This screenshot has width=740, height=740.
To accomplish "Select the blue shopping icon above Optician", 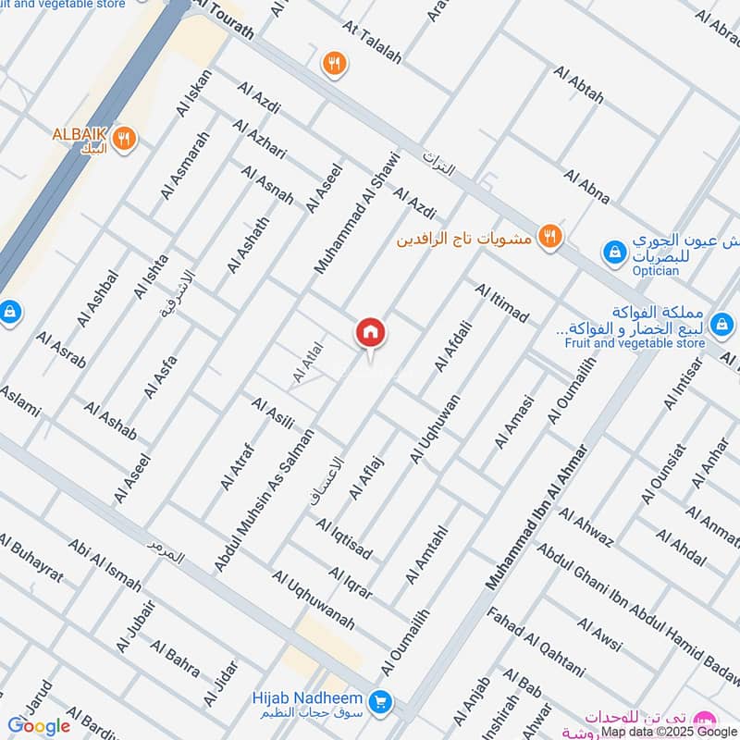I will [612, 251].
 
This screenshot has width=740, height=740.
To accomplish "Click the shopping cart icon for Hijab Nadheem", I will [378, 702].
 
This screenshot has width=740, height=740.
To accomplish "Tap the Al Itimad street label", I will [501, 303].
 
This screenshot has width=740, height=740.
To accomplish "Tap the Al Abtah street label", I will [578, 84].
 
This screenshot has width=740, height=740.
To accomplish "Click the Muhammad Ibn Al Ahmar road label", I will [537, 517].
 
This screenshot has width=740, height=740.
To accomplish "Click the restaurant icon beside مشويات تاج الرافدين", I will [550, 238].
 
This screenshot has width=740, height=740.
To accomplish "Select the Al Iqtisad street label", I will [344, 538].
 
